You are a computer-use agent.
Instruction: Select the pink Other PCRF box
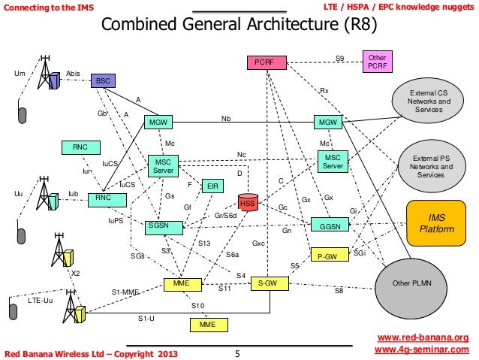pos(376,62)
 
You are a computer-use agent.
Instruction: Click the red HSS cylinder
pos(249,203)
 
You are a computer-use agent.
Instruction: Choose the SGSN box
pos(158,225)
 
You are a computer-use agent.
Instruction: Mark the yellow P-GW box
pos(327,256)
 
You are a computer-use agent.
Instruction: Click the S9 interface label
pos(339,57)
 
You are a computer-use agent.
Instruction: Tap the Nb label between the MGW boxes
pos(225,119)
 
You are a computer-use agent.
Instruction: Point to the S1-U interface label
pos(147,319)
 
